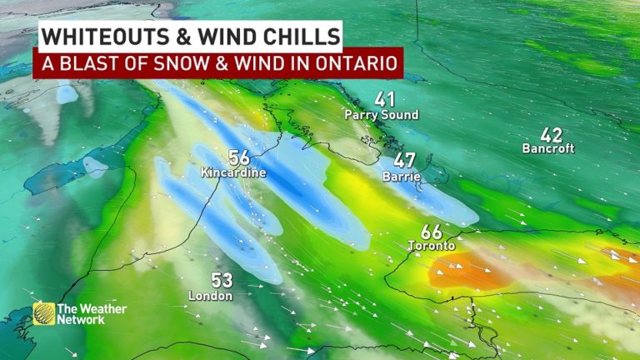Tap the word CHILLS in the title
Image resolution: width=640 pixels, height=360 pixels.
coord(303,36)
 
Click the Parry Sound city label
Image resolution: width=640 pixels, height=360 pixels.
coord(381,115)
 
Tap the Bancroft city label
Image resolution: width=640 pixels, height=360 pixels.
coord(549,149)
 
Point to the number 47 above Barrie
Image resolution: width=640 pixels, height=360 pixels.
coord(405,160)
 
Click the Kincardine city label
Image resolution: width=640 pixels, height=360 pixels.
coord(233,172)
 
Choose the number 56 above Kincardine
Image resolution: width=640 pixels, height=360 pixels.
coord(238,157)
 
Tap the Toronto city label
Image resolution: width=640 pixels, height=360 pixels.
coord(432,247)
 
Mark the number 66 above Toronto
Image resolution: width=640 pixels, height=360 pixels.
coord(431,231)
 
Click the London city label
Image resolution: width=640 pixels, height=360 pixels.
coord(210,296)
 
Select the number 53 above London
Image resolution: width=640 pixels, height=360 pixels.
coord(221,280)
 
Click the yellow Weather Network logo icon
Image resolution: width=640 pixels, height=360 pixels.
coord(43,314)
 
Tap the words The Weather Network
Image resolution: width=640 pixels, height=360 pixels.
coord(92,314)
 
